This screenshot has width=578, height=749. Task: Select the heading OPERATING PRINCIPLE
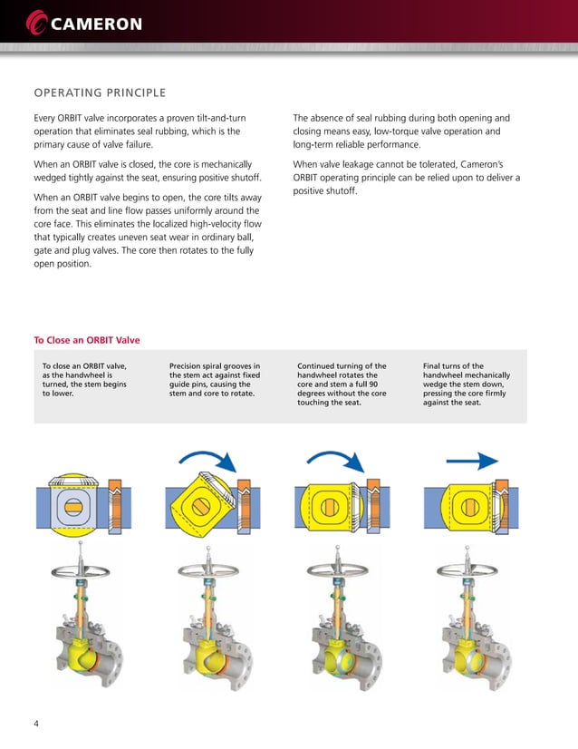click(100, 92)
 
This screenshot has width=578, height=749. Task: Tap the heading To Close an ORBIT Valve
click(87, 340)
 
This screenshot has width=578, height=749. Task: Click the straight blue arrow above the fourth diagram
click(473, 461)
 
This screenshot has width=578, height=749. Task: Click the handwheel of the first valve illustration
click(82, 572)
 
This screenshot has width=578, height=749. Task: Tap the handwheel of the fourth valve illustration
click(465, 572)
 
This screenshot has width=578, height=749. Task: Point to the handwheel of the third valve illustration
click(337, 572)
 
